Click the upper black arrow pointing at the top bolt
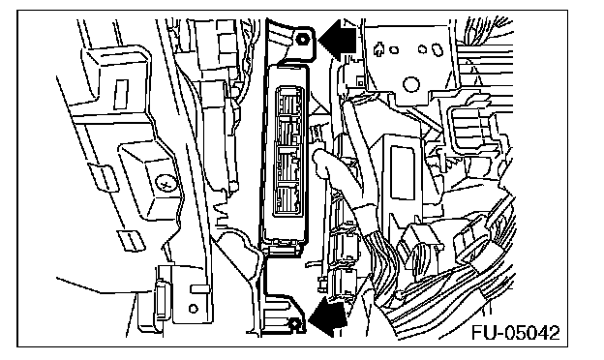(337, 40)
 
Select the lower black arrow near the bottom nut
(328, 318)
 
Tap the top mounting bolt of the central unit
(303, 39)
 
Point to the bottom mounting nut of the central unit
(294, 323)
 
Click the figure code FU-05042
(516, 333)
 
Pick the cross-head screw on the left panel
(166, 185)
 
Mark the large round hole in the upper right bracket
(411, 84)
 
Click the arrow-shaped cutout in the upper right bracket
(378, 49)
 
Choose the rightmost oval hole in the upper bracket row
(438, 49)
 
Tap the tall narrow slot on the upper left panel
(121, 95)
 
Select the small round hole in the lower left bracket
(194, 309)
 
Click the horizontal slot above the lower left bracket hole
(200, 288)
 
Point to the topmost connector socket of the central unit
(288, 101)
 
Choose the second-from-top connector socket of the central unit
(288, 130)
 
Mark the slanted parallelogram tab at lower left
(132, 239)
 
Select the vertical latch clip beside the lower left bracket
(161, 300)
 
